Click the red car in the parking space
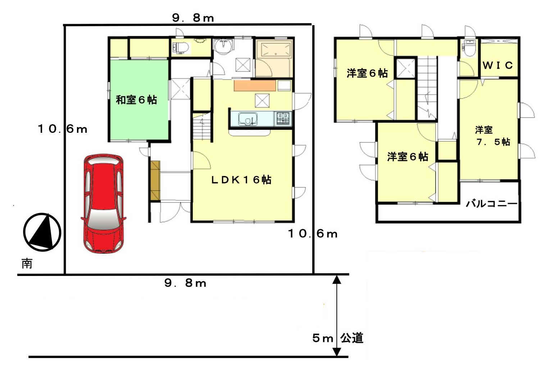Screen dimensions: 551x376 (103, 204)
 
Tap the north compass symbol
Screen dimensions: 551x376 (42, 232)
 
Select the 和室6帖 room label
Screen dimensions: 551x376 (136, 100)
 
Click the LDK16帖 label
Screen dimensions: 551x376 (241, 180)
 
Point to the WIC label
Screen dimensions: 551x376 (498, 65)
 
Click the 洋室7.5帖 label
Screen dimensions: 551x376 (493, 136)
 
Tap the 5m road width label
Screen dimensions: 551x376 (323, 339)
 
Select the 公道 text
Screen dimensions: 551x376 (352, 338)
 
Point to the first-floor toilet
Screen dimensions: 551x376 (181, 47)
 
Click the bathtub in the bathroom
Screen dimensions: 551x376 (276, 50)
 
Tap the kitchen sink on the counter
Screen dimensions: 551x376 (248, 119)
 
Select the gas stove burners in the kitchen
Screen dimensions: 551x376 (283, 118)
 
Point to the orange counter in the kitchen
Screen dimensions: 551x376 (255, 86)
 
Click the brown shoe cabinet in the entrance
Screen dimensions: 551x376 (155, 181)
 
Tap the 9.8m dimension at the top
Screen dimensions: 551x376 (193, 18)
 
